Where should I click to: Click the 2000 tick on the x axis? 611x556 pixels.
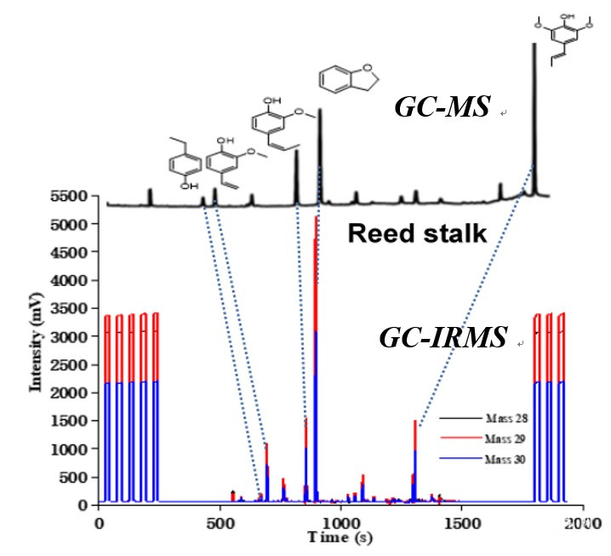click(x=582, y=521)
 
